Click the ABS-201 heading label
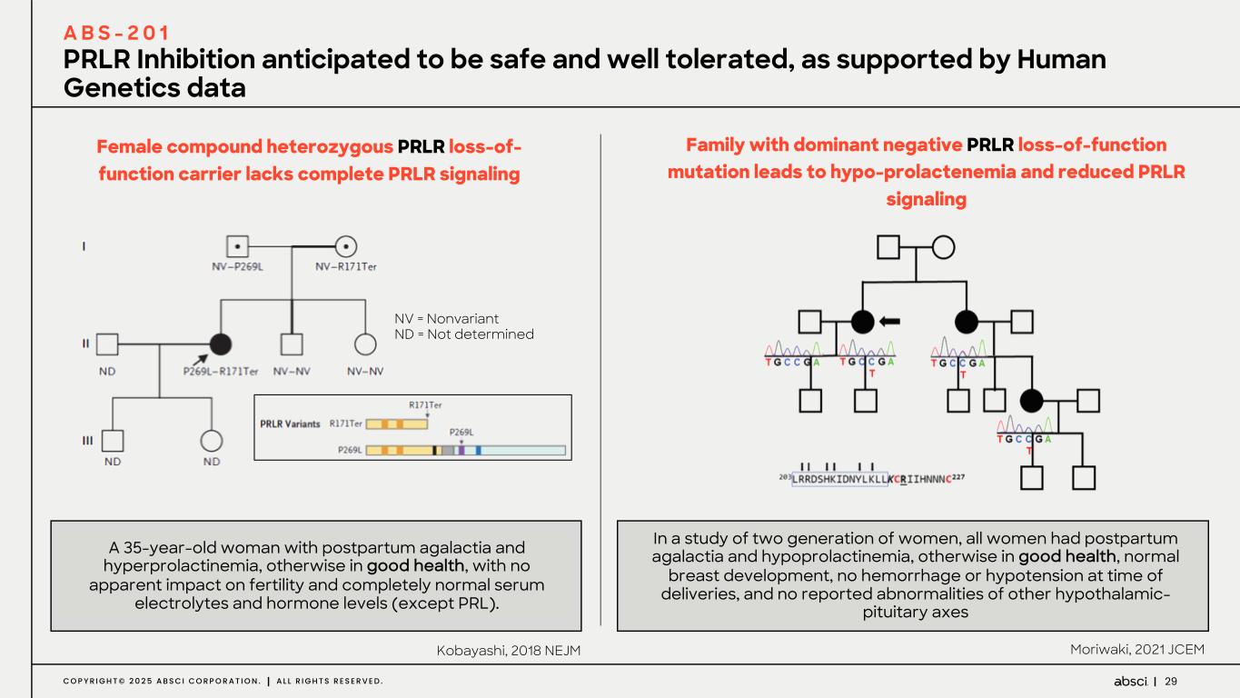[x=116, y=34]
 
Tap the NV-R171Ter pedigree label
[x=345, y=265]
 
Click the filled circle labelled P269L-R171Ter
[x=220, y=344]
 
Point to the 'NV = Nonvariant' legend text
[x=446, y=318]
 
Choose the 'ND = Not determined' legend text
[x=463, y=334]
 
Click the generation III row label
[x=88, y=441]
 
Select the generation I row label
[x=85, y=246]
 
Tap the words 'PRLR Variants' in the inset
[x=291, y=423]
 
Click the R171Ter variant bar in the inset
[x=396, y=424]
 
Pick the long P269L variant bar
[x=465, y=450]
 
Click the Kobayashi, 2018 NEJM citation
[x=508, y=650]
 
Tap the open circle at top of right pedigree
[x=943, y=246]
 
